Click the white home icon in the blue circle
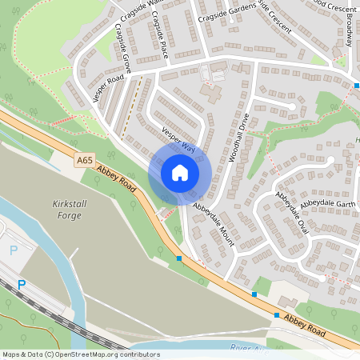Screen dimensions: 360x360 click(180, 172)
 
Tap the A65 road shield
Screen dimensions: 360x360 click(85, 161)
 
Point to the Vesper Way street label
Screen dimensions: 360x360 click(178, 140)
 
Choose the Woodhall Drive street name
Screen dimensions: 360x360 click(239, 137)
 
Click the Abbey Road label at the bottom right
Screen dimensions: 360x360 click(318, 326)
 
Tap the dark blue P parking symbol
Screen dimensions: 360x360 click(22, 284)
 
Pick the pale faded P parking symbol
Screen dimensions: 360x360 click(14, 250)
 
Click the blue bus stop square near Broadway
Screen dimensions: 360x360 click(357, 85)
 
